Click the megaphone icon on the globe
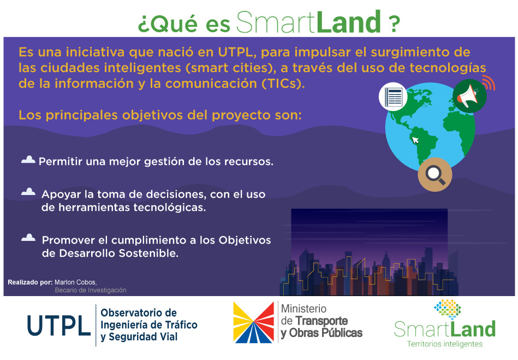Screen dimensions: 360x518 click(x=469, y=96)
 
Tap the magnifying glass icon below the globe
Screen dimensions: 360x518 click(x=434, y=174)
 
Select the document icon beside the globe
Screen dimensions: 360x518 click(x=394, y=97)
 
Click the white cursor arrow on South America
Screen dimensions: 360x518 click(x=416, y=140)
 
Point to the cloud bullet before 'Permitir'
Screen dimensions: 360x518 click(x=28, y=160)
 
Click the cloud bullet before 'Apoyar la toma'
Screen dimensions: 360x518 click(x=28, y=192)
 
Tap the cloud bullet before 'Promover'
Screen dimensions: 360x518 click(x=28, y=238)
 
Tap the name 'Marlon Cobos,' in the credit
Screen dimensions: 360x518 click(x=75, y=282)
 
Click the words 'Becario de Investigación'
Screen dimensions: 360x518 click(x=90, y=290)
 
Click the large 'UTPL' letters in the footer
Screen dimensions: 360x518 click(x=59, y=326)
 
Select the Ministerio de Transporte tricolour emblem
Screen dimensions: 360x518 click(x=253, y=322)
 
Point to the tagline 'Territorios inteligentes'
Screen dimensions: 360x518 click(x=445, y=344)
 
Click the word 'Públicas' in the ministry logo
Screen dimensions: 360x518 click(x=340, y=333)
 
